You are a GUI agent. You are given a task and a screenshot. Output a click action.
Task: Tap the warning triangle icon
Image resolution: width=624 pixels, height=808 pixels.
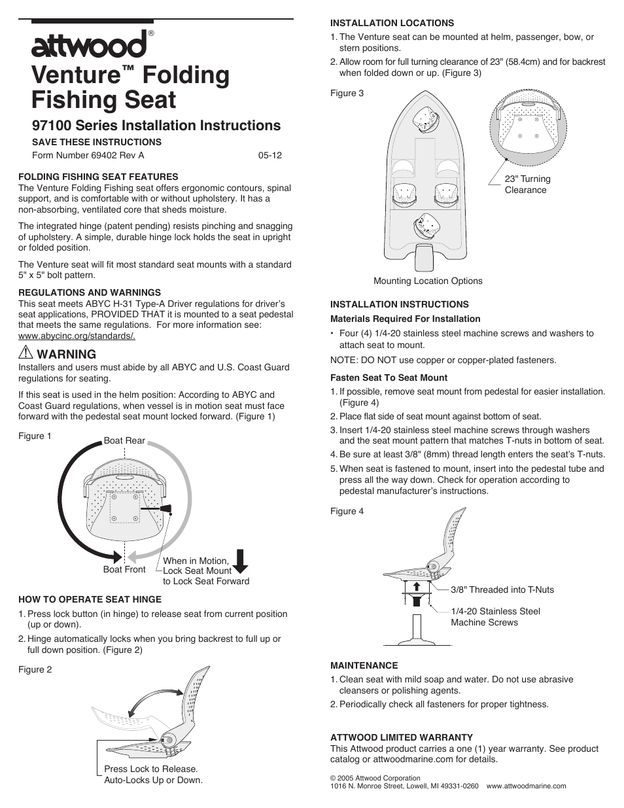[x=26, y=353]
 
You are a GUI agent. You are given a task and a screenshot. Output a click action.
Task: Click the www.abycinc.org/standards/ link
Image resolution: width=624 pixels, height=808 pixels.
[x=77, y=336]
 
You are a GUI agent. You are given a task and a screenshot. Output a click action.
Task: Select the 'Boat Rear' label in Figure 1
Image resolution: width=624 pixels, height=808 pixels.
[x=124, y=440]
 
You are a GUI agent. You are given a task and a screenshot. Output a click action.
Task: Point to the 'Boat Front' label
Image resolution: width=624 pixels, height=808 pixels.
[x=124, y=569]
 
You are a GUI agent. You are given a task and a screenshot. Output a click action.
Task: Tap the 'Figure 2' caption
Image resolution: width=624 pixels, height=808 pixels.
[x=35, y=669]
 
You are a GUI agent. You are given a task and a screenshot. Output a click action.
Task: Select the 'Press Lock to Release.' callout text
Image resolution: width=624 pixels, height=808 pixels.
[x=151, y=769]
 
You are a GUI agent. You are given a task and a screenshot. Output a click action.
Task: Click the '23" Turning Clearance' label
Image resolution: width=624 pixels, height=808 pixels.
[x=527, y=184]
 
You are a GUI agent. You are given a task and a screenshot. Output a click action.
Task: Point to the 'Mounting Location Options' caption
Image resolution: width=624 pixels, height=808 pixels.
[x=428, y=281]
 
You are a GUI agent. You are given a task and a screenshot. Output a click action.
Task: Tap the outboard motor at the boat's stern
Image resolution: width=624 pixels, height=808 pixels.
[x=424, y=256]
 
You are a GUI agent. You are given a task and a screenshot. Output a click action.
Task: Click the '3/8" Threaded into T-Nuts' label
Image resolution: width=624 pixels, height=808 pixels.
[x=502, y=589]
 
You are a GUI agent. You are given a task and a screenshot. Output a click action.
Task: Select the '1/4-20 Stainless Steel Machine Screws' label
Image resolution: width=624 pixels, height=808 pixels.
[x=495, y=617]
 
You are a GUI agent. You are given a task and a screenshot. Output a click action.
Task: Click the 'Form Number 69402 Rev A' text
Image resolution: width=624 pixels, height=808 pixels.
[x=88, y=155]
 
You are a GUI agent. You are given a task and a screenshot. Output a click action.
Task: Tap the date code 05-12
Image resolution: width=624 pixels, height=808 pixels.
[x=269, y=155]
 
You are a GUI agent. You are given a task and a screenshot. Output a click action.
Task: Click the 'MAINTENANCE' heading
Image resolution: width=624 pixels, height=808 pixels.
[x=364, y=665]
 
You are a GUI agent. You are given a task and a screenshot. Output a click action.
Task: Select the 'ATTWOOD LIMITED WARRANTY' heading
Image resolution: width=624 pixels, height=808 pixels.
[x=401, y=737]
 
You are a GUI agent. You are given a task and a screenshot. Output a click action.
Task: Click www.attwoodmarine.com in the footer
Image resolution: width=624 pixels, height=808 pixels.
[x=526, y=786]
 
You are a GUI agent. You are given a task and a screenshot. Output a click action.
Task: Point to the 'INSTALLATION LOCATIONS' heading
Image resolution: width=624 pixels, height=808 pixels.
[x=392, y=23]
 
